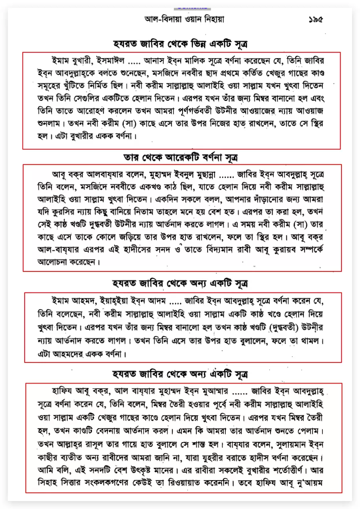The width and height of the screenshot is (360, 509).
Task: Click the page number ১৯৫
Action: pyautogui.click(x=315, y=19)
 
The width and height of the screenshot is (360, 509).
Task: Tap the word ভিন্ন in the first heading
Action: pyautogui.click(x=194, y=43)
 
